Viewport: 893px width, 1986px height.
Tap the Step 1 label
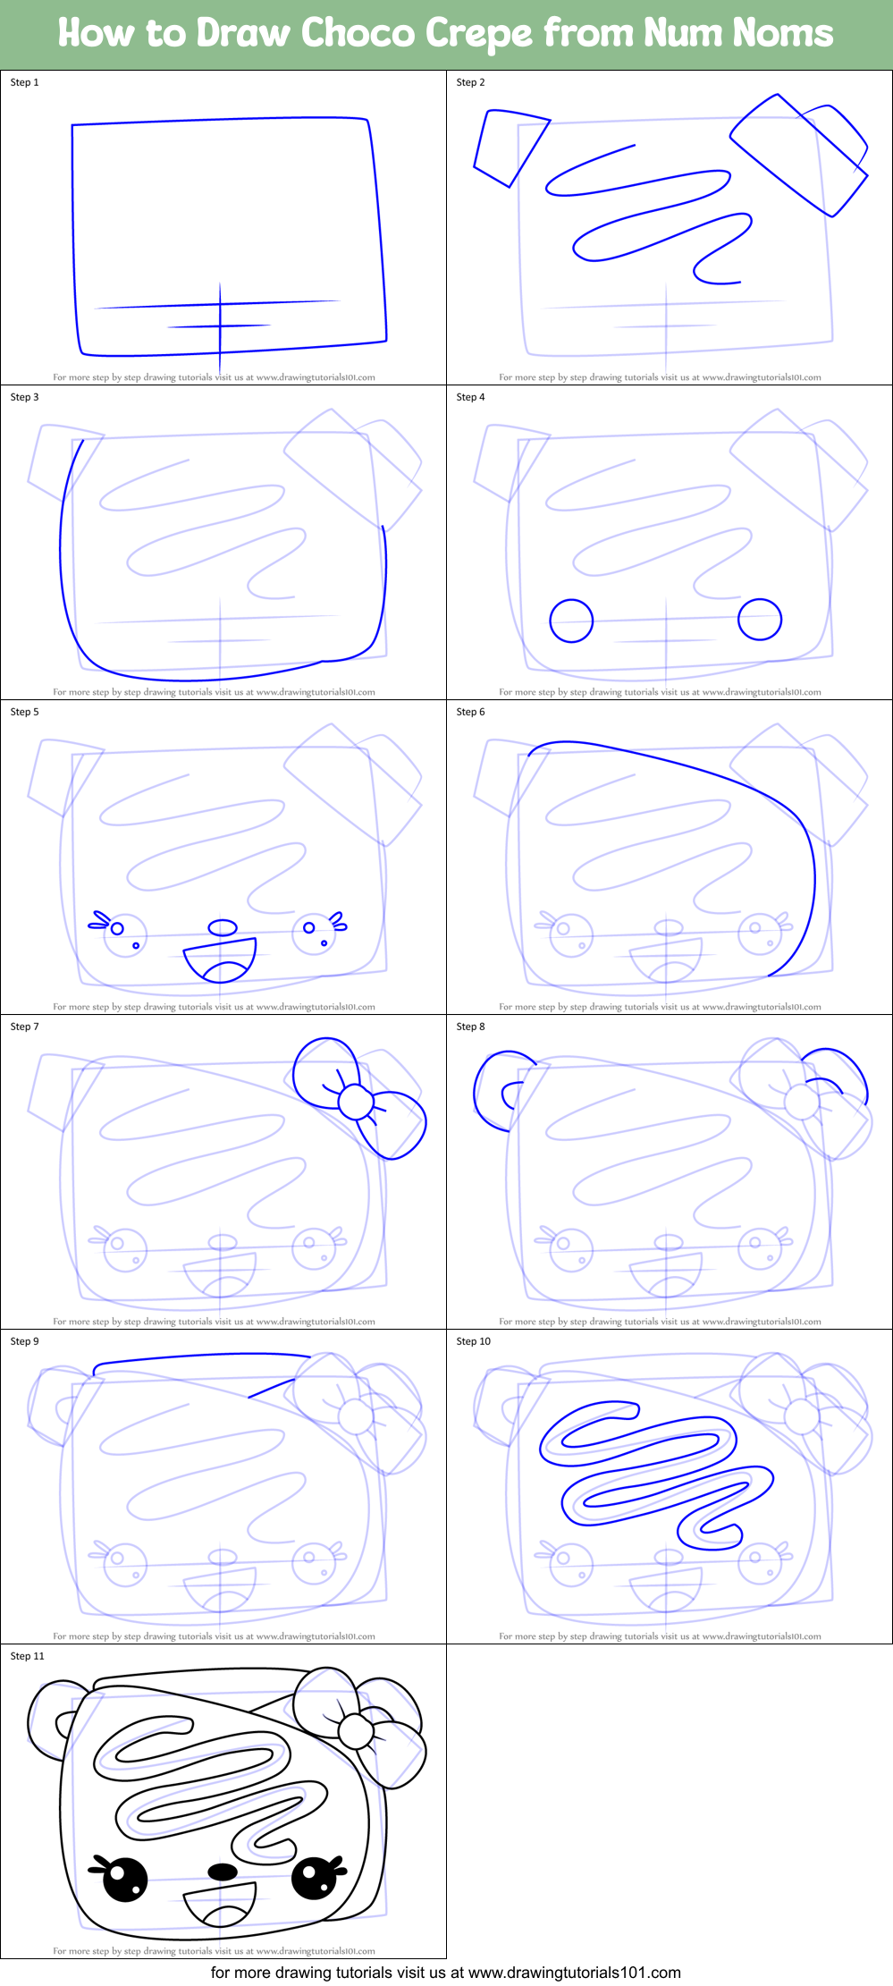[24, 82]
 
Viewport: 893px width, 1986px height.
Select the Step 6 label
[470, 712]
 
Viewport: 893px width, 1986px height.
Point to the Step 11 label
[27, 1656]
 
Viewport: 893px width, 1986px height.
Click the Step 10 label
[473, 1341]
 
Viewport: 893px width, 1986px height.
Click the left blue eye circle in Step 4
[571, 621]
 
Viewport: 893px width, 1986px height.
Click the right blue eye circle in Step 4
[760, 619]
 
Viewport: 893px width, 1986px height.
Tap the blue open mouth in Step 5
[221, 959]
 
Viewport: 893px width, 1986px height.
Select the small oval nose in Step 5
[223, 927]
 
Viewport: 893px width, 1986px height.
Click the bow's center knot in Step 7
[356, 1102]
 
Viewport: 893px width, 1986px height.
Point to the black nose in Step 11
[223, 1871]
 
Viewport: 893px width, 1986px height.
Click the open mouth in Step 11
[221, 1905]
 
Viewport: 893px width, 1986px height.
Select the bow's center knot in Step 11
[356, 1731]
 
